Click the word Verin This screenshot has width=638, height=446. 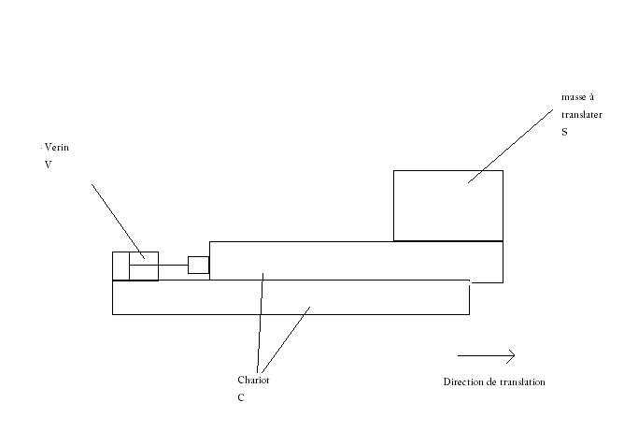[x=57, y=148]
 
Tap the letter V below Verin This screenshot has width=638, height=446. [x=48, y=165]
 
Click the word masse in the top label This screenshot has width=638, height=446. [x=570, y=97]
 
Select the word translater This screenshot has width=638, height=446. [x=581, y=115]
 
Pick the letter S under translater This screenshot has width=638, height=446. [x=564, y=133]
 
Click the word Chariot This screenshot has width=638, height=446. [x=253, y=381]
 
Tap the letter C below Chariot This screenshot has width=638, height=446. [x=241, y=397]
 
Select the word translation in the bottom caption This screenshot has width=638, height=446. [x=522, y=382]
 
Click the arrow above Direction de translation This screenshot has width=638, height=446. [x=486, y=355]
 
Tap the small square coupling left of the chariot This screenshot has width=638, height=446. [x=198, y=265]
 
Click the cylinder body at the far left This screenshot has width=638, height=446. [x=135, y=266]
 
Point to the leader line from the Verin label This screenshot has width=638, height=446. [x=117, y=219]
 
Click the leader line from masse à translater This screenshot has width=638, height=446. [x=509, y=146]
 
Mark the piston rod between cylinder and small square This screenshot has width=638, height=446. [x=173, y=266]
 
